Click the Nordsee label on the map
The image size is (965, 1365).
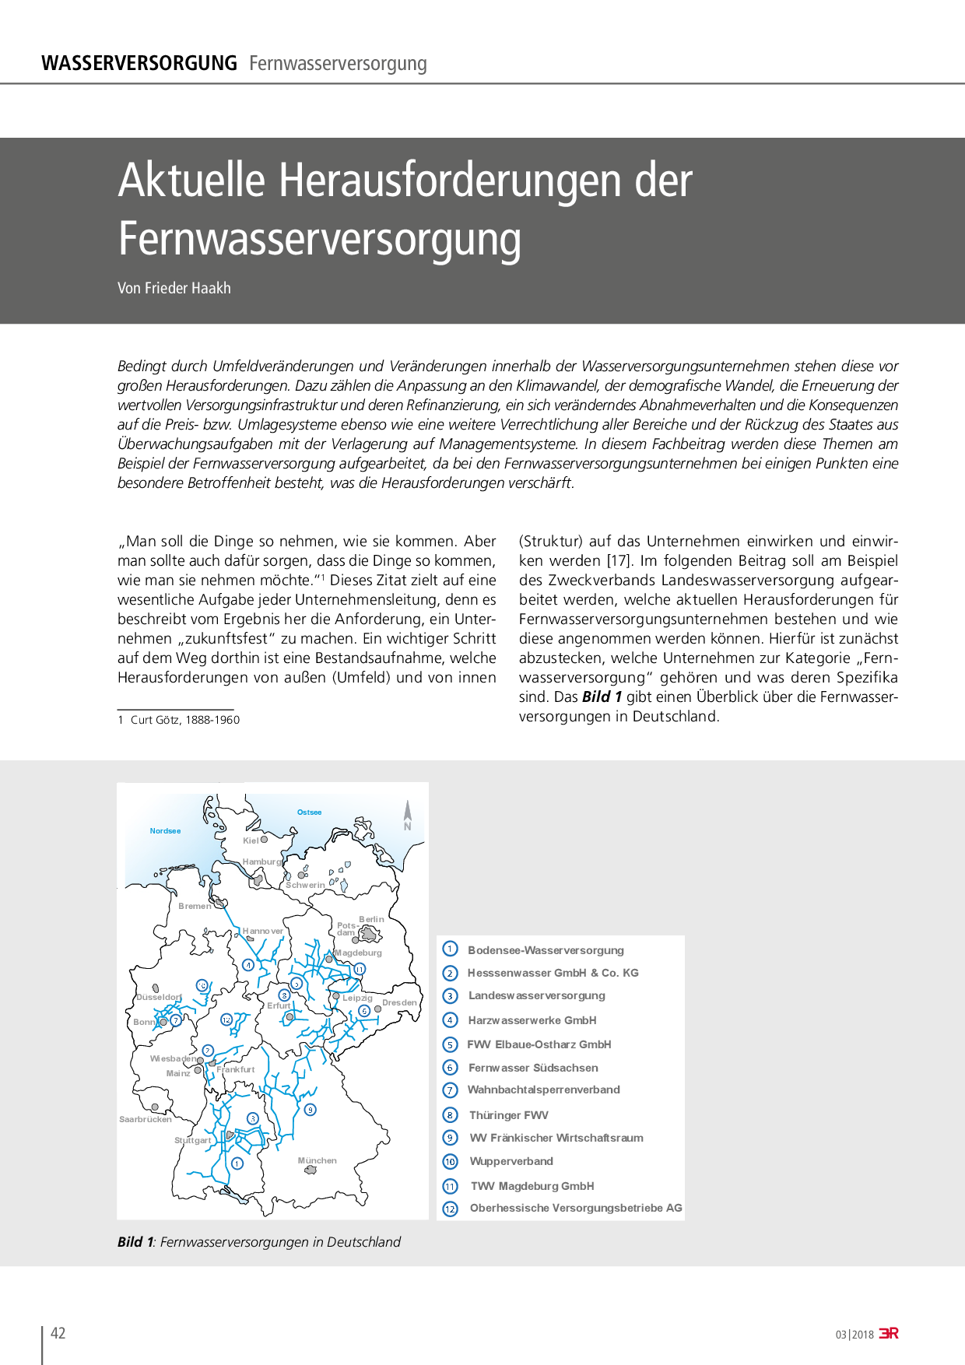coord(165,831)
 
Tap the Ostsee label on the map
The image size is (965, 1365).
coord(309,812)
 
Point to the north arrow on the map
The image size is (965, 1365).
coord(407,816)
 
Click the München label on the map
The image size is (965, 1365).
coord(318,1160)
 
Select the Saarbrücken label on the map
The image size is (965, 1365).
coord(146,1120)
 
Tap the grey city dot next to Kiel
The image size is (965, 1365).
coord(264,840)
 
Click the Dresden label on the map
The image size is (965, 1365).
coord(399,1002)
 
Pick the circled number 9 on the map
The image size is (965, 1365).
coord(311,1110)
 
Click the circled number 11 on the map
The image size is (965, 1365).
coord(360,969)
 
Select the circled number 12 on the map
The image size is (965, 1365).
coord(226,1019)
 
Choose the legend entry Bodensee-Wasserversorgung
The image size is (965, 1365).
coord(546,950)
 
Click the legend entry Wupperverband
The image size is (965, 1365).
coord(511,1161)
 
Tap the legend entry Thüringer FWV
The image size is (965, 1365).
coord(509,1115)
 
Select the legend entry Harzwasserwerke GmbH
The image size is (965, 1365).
coord(532,1020)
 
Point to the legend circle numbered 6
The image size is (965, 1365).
coord(450,1068)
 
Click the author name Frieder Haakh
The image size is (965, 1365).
coord(188,288)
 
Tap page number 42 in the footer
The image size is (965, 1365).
coord(58,1333)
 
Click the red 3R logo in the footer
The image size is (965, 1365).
coord(889,1333)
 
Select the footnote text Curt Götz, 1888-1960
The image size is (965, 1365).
coord(185,720)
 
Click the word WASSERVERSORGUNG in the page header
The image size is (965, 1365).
coord(139,63)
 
